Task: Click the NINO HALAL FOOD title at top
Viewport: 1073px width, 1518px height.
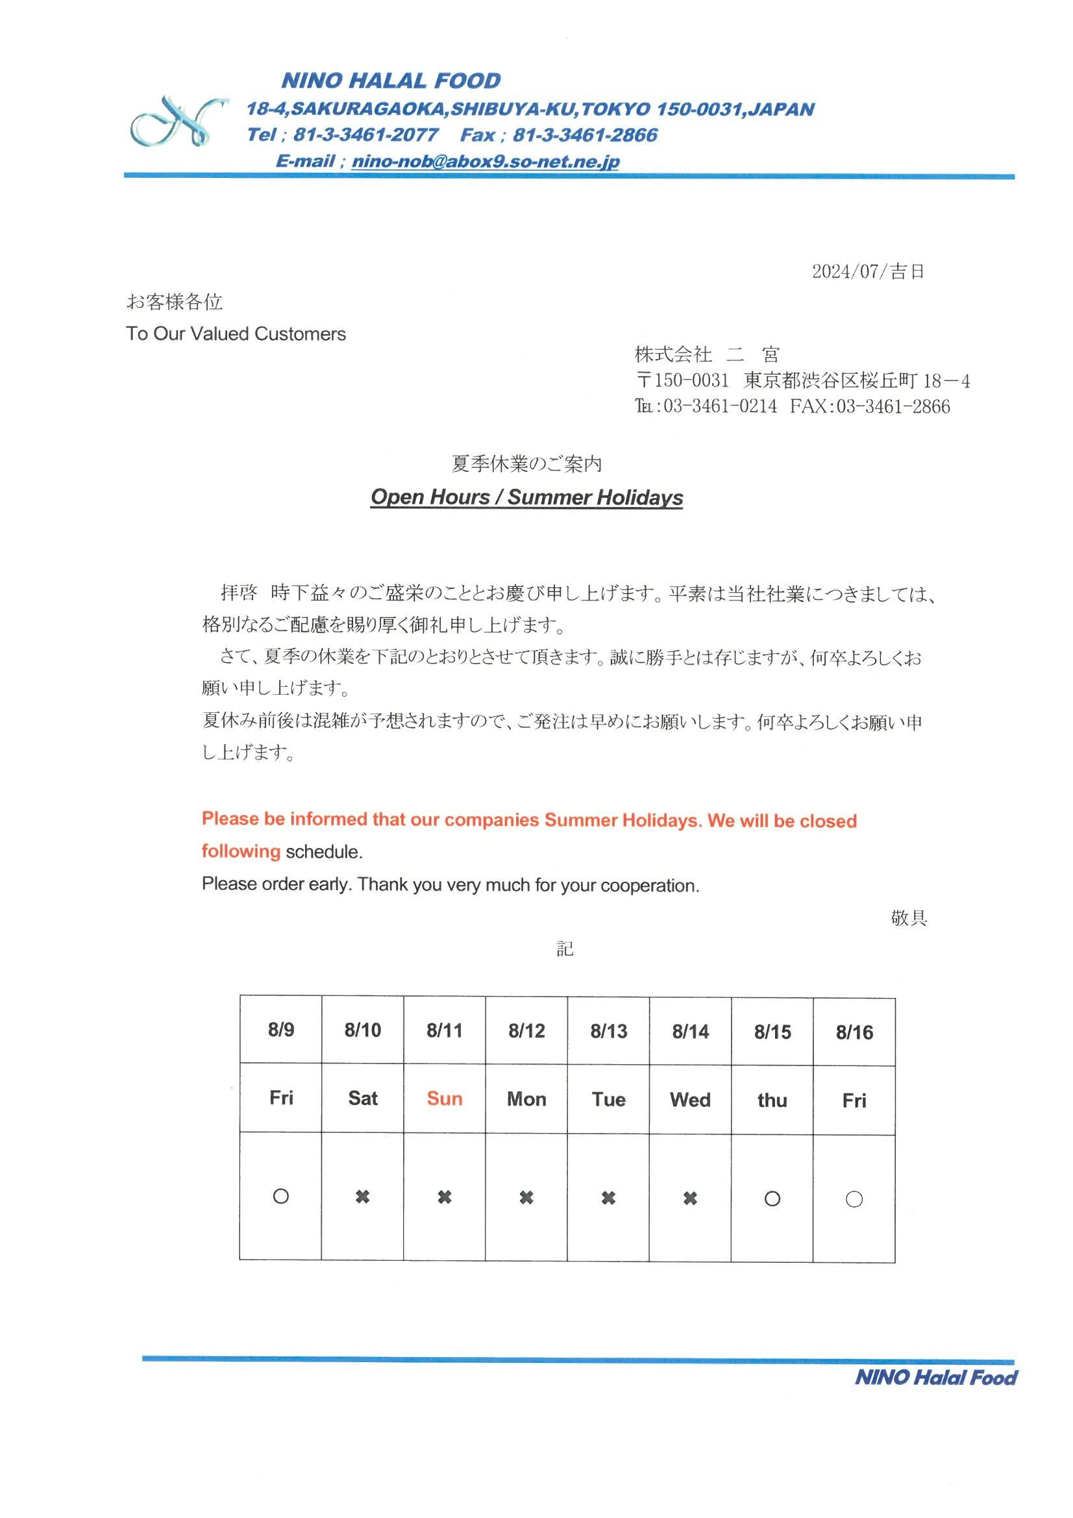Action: (391, 81)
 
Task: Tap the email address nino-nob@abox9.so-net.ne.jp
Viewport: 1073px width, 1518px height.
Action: (486, 161)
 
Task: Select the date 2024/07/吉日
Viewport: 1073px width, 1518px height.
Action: (867, 271)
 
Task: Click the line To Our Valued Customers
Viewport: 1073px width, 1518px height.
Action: (236, 334)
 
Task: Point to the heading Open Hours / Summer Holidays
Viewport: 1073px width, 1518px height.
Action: (526, 497)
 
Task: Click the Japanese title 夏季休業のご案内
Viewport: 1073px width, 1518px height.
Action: (526, 464)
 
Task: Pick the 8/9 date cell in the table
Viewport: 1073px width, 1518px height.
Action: (281, 1029)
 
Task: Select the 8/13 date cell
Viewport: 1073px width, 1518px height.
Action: (608, 1031)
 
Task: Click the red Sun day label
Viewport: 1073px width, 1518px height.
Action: (444, 1098)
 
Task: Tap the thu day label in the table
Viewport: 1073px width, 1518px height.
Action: (772, 1100)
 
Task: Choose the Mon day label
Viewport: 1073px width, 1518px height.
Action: (526, 1099)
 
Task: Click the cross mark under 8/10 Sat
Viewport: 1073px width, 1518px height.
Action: (362, 1197)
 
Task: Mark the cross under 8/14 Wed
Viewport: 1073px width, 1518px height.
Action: (690, 1198)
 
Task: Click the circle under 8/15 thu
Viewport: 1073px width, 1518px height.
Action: (772, 1199)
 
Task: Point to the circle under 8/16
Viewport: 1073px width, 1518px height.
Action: (854, 1199)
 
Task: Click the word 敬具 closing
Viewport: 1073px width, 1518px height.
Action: (908, 917)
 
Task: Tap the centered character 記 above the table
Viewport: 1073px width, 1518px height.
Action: (564, 949)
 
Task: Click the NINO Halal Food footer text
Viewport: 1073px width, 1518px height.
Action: (935, 1378)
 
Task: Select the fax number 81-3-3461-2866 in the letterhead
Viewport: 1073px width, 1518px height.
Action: (585, 136)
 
